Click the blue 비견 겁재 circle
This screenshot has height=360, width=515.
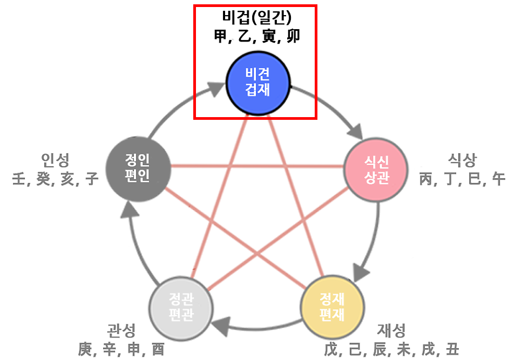tap(257, 82)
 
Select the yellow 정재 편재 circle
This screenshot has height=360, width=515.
tap(331, 306)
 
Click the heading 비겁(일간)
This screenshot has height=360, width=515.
tap(256, 17)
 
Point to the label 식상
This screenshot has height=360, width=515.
tap(462, 160)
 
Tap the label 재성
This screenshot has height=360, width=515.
tap(392, 330)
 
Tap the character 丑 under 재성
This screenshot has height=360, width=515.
tap(451, 349)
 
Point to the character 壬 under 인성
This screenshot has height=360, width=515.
tap(20, 179)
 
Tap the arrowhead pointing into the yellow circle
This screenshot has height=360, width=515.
tap(360, 268)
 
